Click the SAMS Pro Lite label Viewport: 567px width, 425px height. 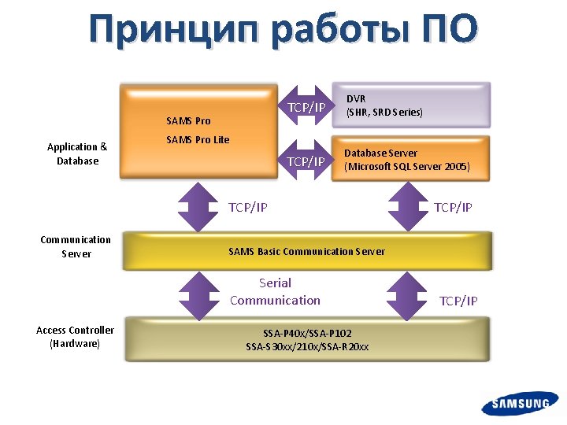(198, 140)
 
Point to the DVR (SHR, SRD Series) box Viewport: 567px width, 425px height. (411, 105)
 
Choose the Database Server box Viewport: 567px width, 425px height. (411, 159)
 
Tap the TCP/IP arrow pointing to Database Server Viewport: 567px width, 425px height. (306, 161)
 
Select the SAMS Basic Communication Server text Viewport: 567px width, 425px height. (306, 252)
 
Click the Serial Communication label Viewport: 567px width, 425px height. (275, 291)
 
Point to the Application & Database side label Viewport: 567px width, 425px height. (77, 153)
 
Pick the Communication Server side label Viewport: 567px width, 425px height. (76, 246)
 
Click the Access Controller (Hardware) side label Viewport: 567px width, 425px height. (75, 337)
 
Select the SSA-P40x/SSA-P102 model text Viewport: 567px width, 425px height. (307, 333)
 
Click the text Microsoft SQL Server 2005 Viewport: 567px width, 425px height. (407, 167)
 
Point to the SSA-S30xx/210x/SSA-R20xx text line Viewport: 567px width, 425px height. (307, 346)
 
